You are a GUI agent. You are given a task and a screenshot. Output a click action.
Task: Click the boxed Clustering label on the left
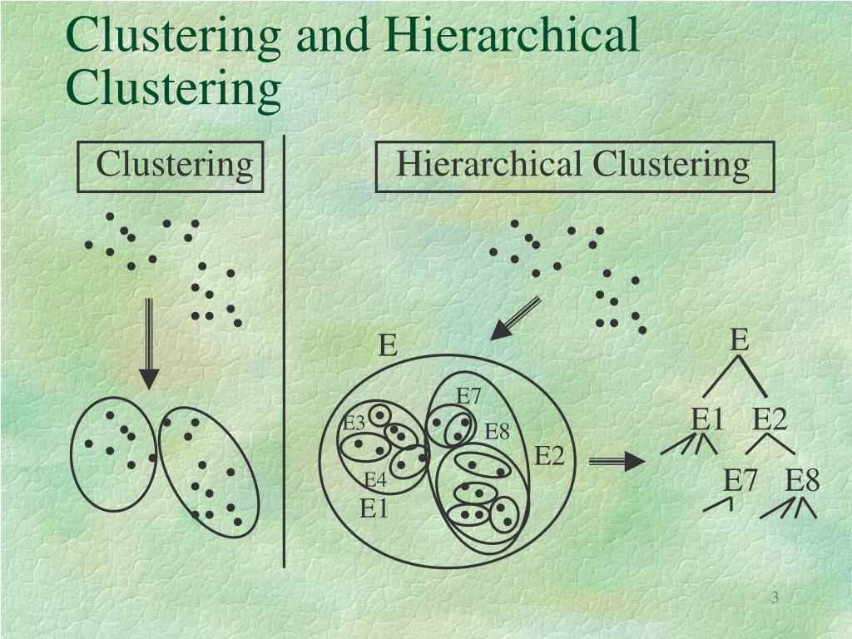coord(173,165)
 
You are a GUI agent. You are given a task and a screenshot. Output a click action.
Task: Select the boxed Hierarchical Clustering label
coord(573,165)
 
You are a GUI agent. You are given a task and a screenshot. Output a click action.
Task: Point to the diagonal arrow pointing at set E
coord(515,319)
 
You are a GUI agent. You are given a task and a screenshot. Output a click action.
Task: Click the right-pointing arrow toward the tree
coord(616,462)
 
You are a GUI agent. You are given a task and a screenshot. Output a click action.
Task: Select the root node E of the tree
coord(739,340)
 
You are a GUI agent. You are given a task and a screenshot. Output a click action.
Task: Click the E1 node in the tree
coord(708,420)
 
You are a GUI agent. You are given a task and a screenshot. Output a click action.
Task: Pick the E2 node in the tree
coord(770,420)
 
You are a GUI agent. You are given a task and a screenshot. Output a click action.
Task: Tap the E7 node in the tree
coord(740,481)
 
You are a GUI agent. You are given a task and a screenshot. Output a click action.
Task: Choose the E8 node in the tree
coord(802,481)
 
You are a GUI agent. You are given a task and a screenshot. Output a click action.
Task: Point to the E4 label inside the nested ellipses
coord(375,481)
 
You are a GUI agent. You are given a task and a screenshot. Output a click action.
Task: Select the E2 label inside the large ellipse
coord(549,456)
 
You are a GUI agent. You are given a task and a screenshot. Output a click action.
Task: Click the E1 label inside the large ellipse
coord(374,508)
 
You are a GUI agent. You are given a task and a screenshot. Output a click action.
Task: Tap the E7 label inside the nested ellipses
coord(469,396)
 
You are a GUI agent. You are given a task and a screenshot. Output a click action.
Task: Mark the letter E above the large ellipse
coord(388,344)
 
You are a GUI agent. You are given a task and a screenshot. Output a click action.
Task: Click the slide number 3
coord(775,599)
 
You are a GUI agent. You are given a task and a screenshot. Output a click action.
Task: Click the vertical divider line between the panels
coord(285,349)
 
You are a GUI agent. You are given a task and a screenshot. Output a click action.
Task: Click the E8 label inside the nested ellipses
coord(497,432)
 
